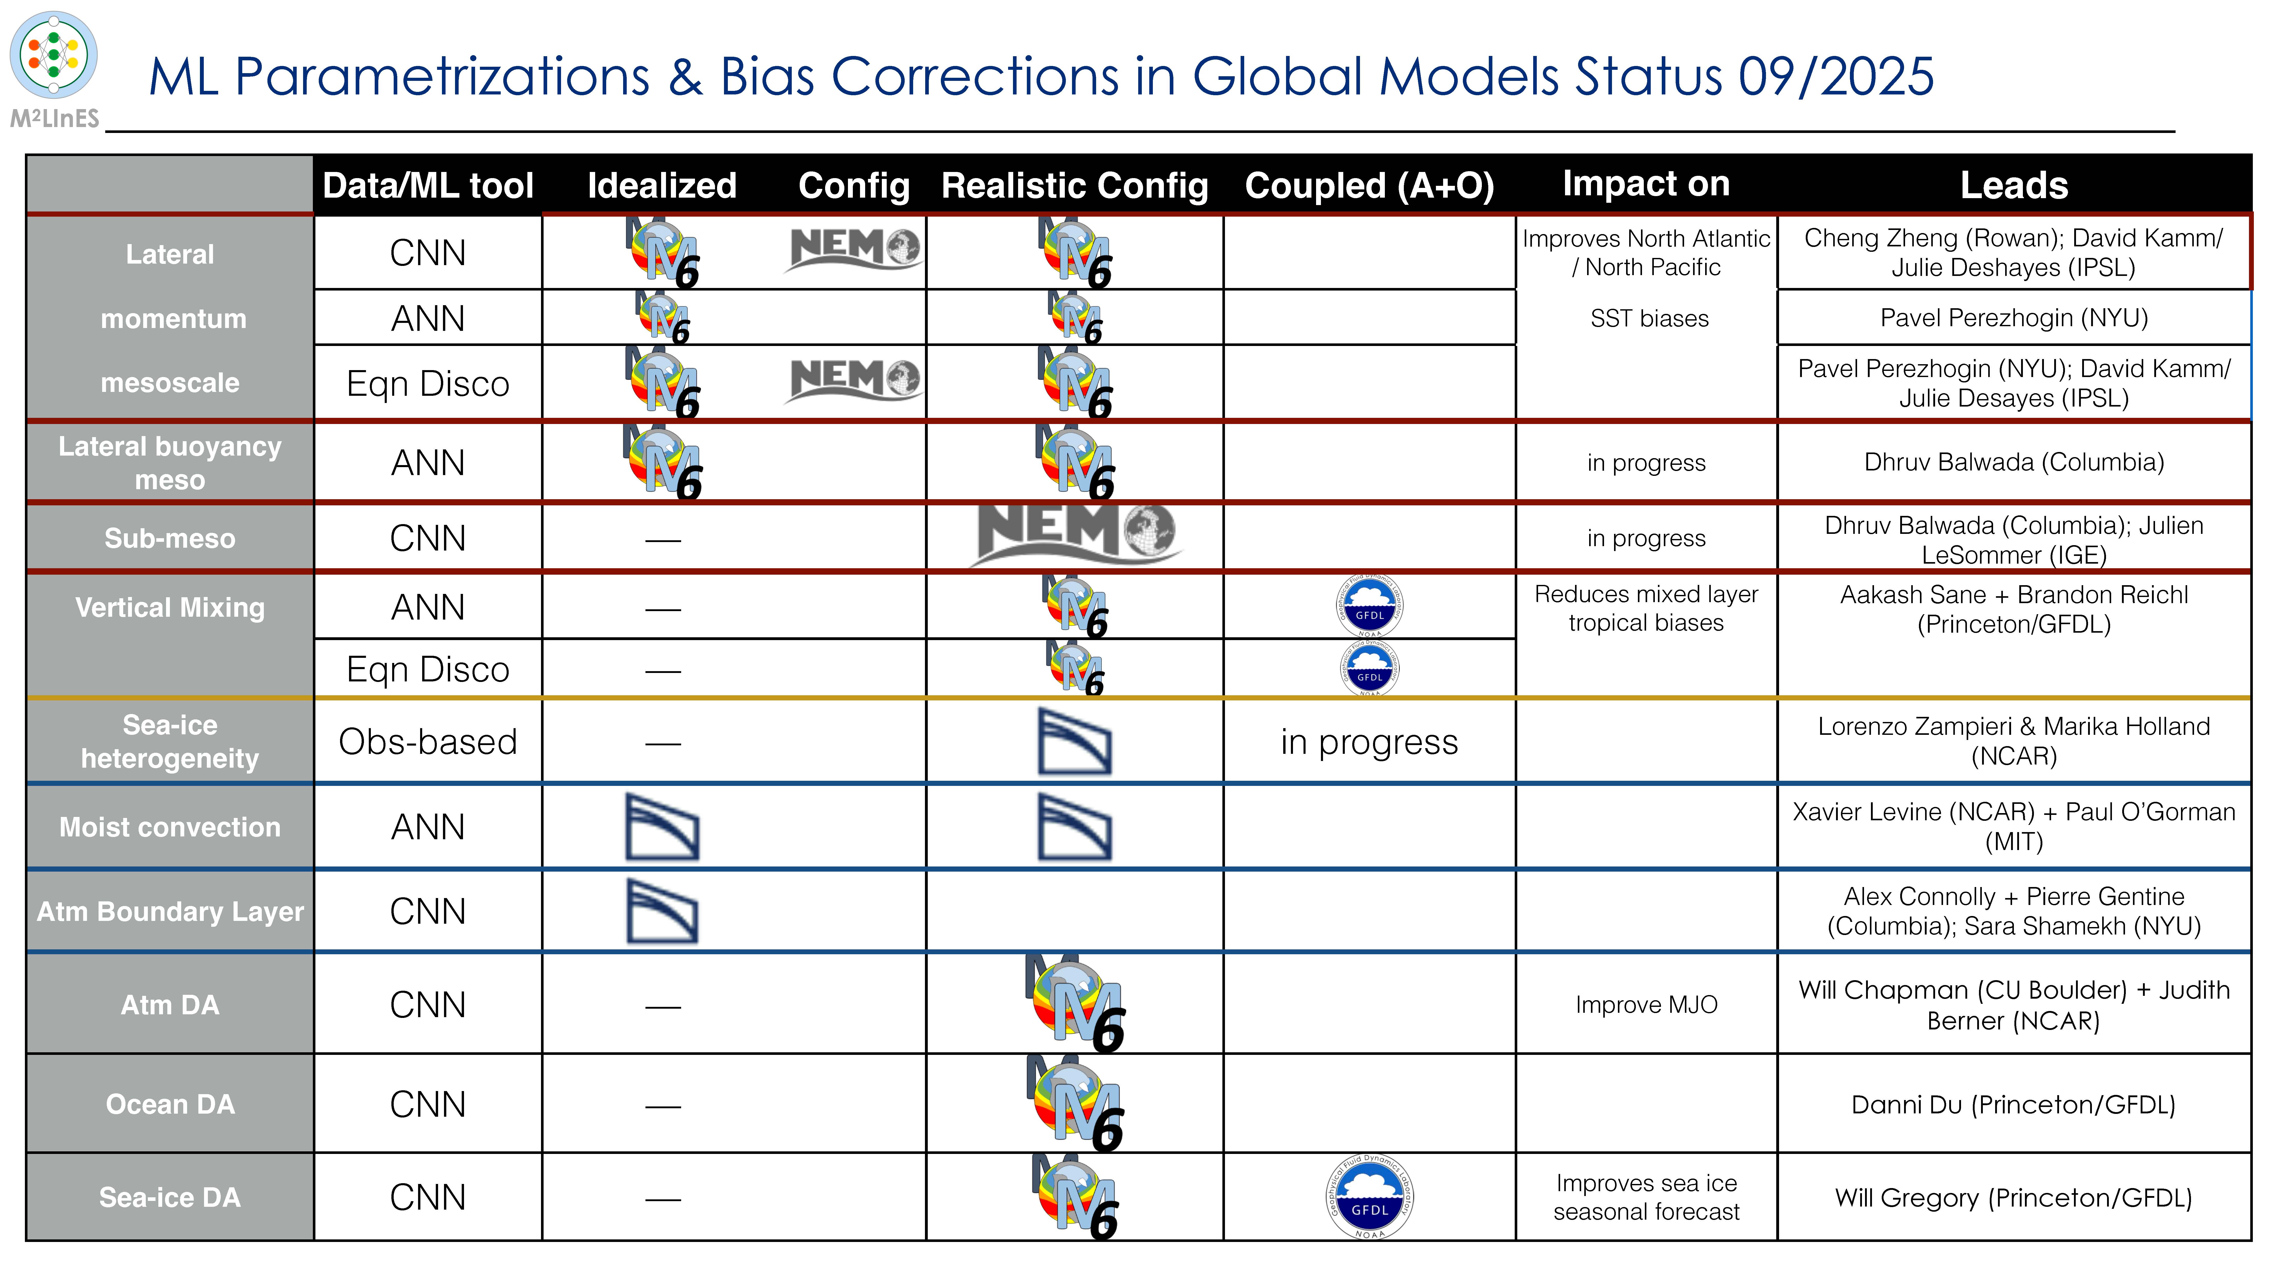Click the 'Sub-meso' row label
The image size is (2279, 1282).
[170, 538]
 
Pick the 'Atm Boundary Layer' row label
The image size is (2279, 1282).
[170, 911]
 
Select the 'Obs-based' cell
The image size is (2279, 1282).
[428, 741]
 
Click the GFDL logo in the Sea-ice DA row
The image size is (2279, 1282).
[1369, 1196]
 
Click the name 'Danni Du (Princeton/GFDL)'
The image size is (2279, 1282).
[2014, 1104]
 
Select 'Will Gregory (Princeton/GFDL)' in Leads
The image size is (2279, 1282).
[2014, 1197]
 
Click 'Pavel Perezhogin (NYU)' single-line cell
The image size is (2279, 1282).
[2014, 318]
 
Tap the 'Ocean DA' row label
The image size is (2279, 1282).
[170, 1104]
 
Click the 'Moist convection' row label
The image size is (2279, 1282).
[170, 827]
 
